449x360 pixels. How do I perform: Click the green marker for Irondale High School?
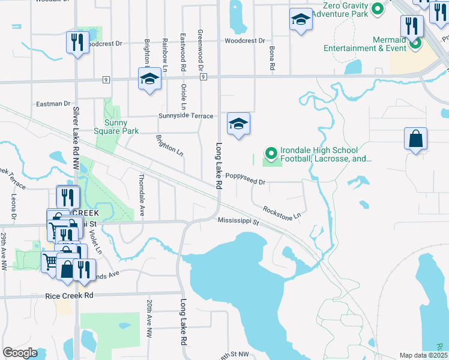pos(271,154)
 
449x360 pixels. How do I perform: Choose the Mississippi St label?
pos(238,221)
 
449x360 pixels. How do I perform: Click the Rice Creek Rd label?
pos(69,296)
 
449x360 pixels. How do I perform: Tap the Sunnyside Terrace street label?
pos(185,116)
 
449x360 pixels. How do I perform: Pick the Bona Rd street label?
pos(272,57)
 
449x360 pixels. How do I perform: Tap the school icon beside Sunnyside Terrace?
pos(238,124)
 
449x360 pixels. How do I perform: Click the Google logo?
pos(20,353)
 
